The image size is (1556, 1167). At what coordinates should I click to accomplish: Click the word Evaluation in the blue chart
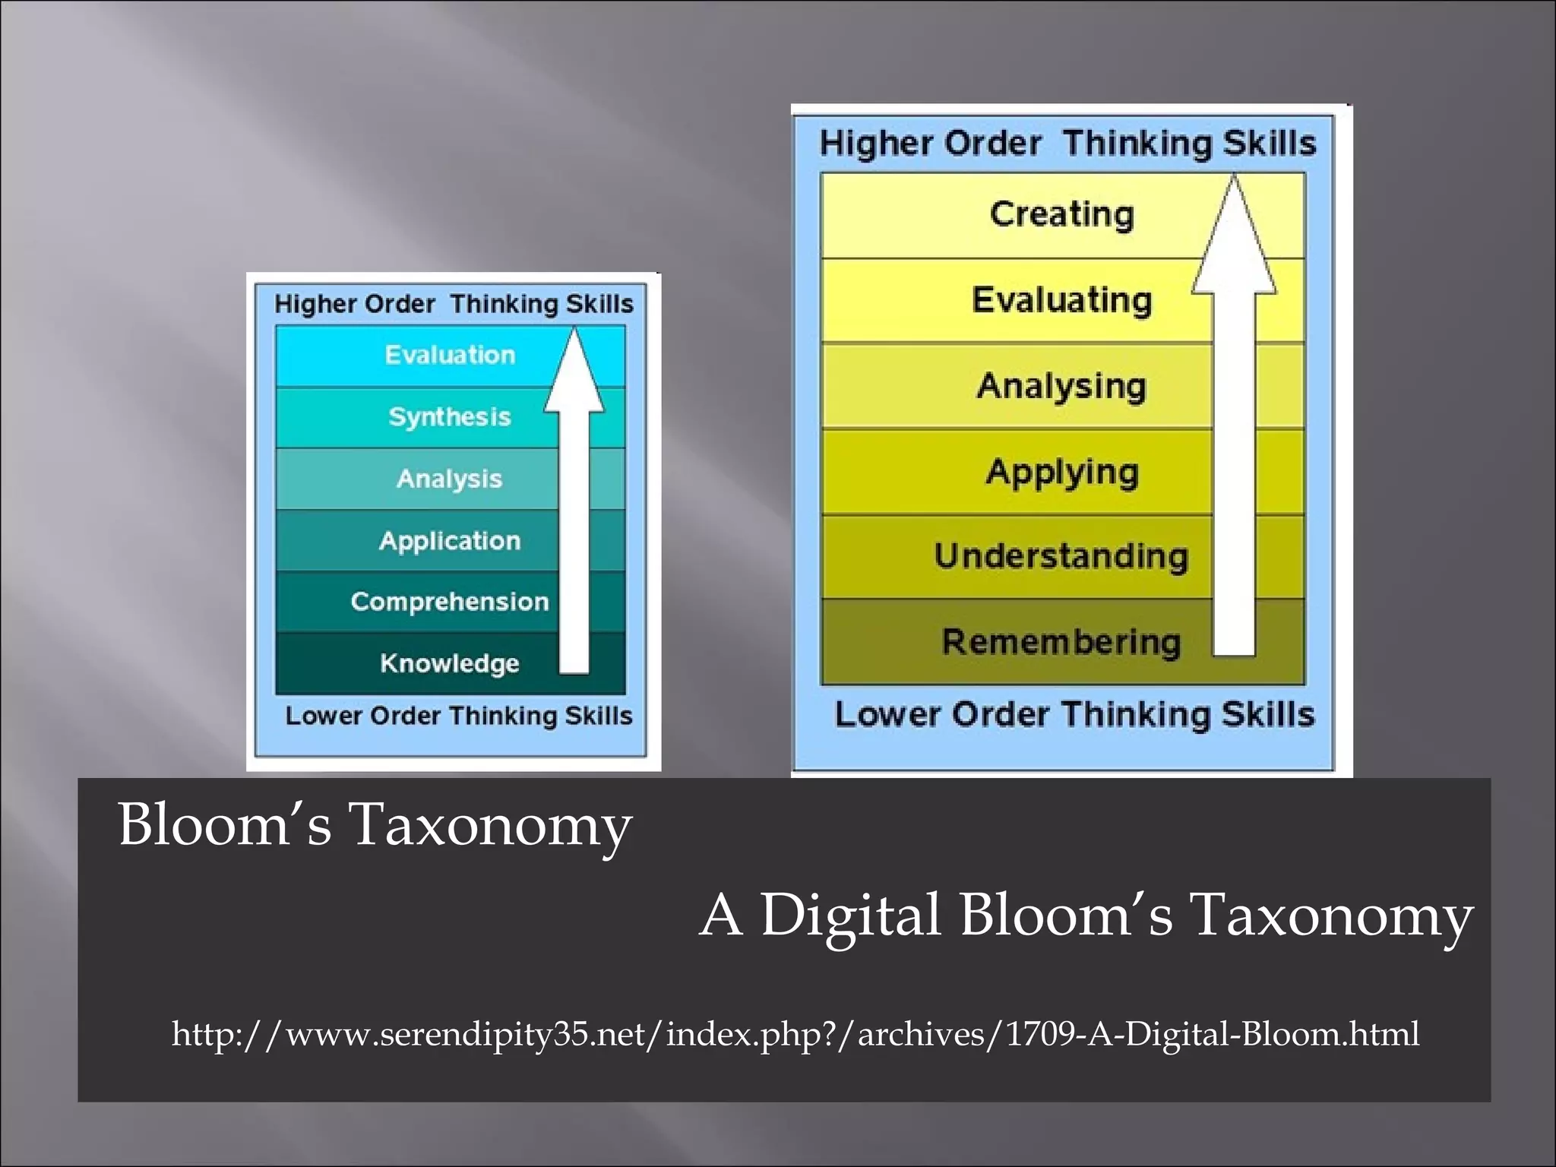pos(450,355)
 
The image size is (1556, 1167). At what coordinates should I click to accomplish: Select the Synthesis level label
pos(450,416)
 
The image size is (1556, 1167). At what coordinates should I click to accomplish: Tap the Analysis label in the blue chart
pos(450,479)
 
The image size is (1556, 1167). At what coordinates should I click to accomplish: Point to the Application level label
pos(450,540)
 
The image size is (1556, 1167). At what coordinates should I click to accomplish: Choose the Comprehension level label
pos(450,602)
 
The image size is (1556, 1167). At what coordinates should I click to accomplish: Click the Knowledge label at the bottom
pos(450,663)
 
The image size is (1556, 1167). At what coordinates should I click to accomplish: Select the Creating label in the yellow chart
pos(1061,214)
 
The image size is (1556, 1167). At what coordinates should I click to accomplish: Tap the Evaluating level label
pos(1061,300)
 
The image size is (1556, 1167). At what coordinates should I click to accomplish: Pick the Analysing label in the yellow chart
pos(1061,386)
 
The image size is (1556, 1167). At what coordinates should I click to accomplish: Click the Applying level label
pos(1061,473)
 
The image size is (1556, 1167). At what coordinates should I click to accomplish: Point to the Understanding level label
pos(1061,556)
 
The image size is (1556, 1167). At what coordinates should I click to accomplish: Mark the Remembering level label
pos(1061,642)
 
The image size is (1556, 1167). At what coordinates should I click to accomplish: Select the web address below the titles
pos(795,1034)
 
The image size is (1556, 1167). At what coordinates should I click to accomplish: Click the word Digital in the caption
pos(850,915)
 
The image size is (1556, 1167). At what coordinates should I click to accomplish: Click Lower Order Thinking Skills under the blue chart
pos(458,716)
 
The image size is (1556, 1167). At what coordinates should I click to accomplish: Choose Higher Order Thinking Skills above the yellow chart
pos(1067,144)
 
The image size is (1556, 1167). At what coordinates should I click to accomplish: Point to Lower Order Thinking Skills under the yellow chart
pos(1074,715)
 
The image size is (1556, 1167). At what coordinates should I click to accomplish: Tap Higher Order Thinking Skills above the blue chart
pos(454,304)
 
